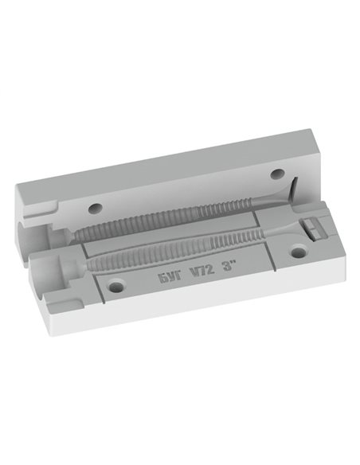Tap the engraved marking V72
pos(202,271)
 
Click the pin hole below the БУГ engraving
pos(116,287)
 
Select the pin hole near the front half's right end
pos(298,253)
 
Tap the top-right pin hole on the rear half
pos(278,174)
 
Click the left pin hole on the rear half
pos(96,209)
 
